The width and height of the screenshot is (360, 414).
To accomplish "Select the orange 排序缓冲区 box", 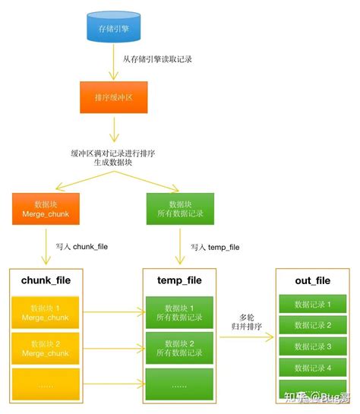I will pos(112,97).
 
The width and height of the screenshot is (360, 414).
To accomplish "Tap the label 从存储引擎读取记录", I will pos(158,58).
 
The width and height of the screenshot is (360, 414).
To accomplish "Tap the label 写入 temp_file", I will pos(215,247).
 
